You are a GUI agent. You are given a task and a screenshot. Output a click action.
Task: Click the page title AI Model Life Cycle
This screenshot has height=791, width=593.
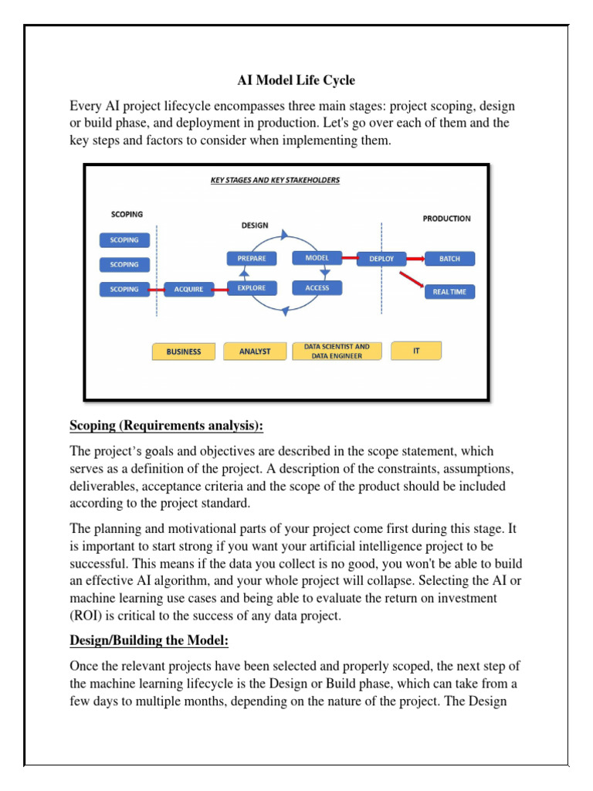296,80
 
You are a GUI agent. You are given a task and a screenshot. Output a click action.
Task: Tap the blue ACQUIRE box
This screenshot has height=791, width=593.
189,289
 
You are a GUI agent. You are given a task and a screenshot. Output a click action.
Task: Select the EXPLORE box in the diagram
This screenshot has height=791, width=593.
252,288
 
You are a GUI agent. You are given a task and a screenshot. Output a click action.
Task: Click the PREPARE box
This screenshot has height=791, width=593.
252,258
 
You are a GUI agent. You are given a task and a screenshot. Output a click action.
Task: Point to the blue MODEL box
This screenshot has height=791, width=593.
317,258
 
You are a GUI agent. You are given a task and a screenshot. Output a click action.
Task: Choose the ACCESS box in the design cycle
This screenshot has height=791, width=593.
317,288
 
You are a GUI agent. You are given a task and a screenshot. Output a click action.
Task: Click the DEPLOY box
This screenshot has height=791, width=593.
381,259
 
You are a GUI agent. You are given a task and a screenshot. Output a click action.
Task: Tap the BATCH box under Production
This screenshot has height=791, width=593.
449,259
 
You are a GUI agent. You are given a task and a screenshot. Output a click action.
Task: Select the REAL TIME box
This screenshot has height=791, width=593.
449,292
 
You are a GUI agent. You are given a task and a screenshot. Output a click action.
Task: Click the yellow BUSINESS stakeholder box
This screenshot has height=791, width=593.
184,351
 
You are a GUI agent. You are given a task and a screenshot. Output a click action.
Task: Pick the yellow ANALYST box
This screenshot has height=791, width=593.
255,351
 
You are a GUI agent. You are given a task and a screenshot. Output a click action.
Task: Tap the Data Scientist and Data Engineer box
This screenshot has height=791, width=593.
337,351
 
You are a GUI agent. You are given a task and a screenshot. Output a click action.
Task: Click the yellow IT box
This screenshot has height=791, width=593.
416,351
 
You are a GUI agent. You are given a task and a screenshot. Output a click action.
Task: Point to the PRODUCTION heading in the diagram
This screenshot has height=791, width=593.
446,219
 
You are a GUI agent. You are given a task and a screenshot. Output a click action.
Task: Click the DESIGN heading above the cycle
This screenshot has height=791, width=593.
255,226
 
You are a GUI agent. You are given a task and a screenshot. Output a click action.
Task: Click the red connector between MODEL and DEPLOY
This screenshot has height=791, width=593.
350,258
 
